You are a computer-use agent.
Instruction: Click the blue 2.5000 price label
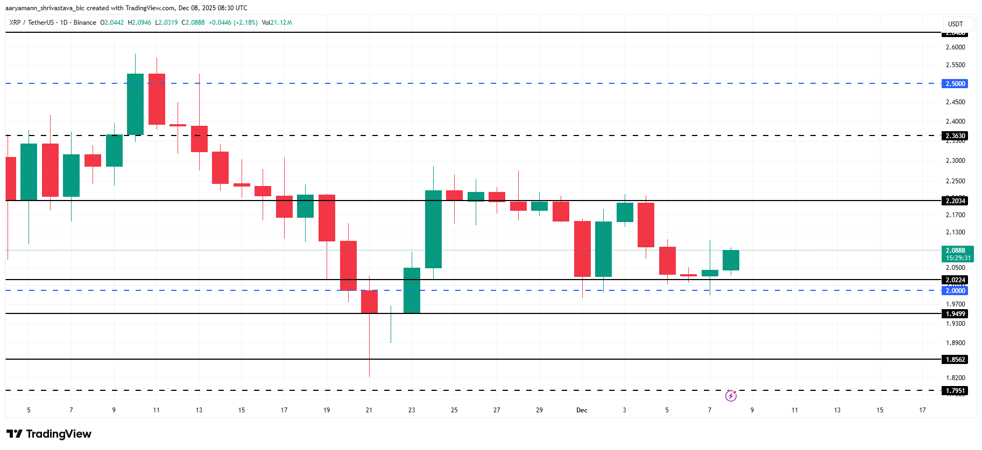pyautogui.click(x=955, y=84)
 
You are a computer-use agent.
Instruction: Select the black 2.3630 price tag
pyautogui.click(x=955, y=136)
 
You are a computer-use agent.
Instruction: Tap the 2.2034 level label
pyautogui.click(x=955, y=201)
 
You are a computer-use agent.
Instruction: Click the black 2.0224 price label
pyautogui.click(x=955, y=280)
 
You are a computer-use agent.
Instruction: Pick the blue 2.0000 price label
pyautogui.click(x=955, y=291)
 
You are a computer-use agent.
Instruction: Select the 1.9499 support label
pyautogui.click(x=955, y=314)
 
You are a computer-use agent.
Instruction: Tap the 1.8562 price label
pyautogui.click(x=955, y=360)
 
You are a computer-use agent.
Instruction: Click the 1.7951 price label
pyautogui.click(x=955, y=391)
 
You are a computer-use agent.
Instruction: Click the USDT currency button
pyautogui.click(x=955, y=24)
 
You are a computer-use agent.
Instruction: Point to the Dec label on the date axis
pyautogui.click(x=582, y=410)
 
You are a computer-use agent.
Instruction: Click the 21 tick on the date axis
pyautogui.click(x=369, y=410)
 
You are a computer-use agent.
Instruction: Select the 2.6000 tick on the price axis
pyautogui.click(x=955, y=47)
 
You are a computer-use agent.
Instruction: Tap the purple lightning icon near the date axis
pyautogui.click(x=731, y=396)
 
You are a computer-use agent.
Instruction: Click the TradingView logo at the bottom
pyautogui.click(x=49, y=434)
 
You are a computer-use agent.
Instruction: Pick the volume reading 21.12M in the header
pyautogui.click(x=281, y=23)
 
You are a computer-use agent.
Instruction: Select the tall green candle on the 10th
pyautogui.click(x=135, y=104)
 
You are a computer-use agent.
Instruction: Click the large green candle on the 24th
pyautogui.click(x=433, y=229)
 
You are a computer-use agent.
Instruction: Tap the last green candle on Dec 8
pyautogui.click(x=731, y=260)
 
